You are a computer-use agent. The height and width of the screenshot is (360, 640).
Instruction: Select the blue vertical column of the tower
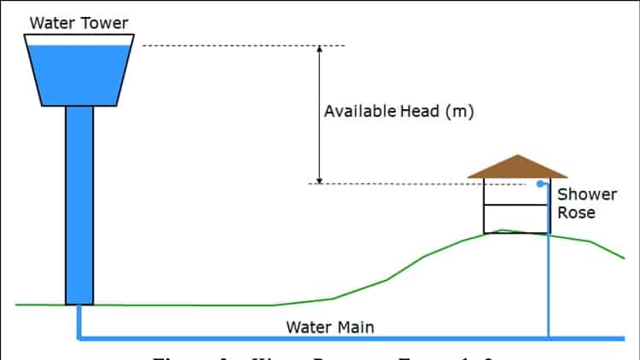tap(79, 205)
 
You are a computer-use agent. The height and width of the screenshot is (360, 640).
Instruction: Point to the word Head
tap(418, 111)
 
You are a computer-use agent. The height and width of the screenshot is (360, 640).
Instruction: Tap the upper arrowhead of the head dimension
tap(319, 49)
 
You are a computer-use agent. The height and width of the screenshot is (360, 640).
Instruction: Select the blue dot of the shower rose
tap(539, 183)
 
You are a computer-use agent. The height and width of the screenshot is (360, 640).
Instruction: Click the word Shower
tap(586, 195)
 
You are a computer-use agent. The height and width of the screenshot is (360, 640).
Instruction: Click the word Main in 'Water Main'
tap(354, 327)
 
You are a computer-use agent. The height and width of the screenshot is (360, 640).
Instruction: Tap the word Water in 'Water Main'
tap(305, 327)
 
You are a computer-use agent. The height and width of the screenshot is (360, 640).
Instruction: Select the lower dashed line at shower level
tap(410, 183)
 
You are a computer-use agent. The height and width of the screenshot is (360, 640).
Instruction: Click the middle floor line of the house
tap(515, 205)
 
